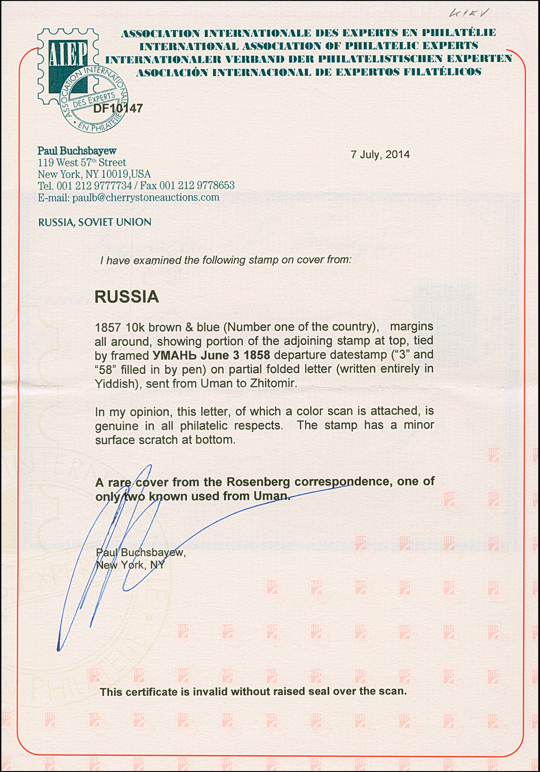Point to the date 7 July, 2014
(380, 154)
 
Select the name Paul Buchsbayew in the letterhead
(77, 151)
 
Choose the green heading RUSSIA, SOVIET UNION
(94, 222)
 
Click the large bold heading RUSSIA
(127, 297)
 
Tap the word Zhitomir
(273, 383)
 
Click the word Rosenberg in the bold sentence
(258, 482)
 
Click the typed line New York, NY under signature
(130, 565)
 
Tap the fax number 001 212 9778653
(197, 186)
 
